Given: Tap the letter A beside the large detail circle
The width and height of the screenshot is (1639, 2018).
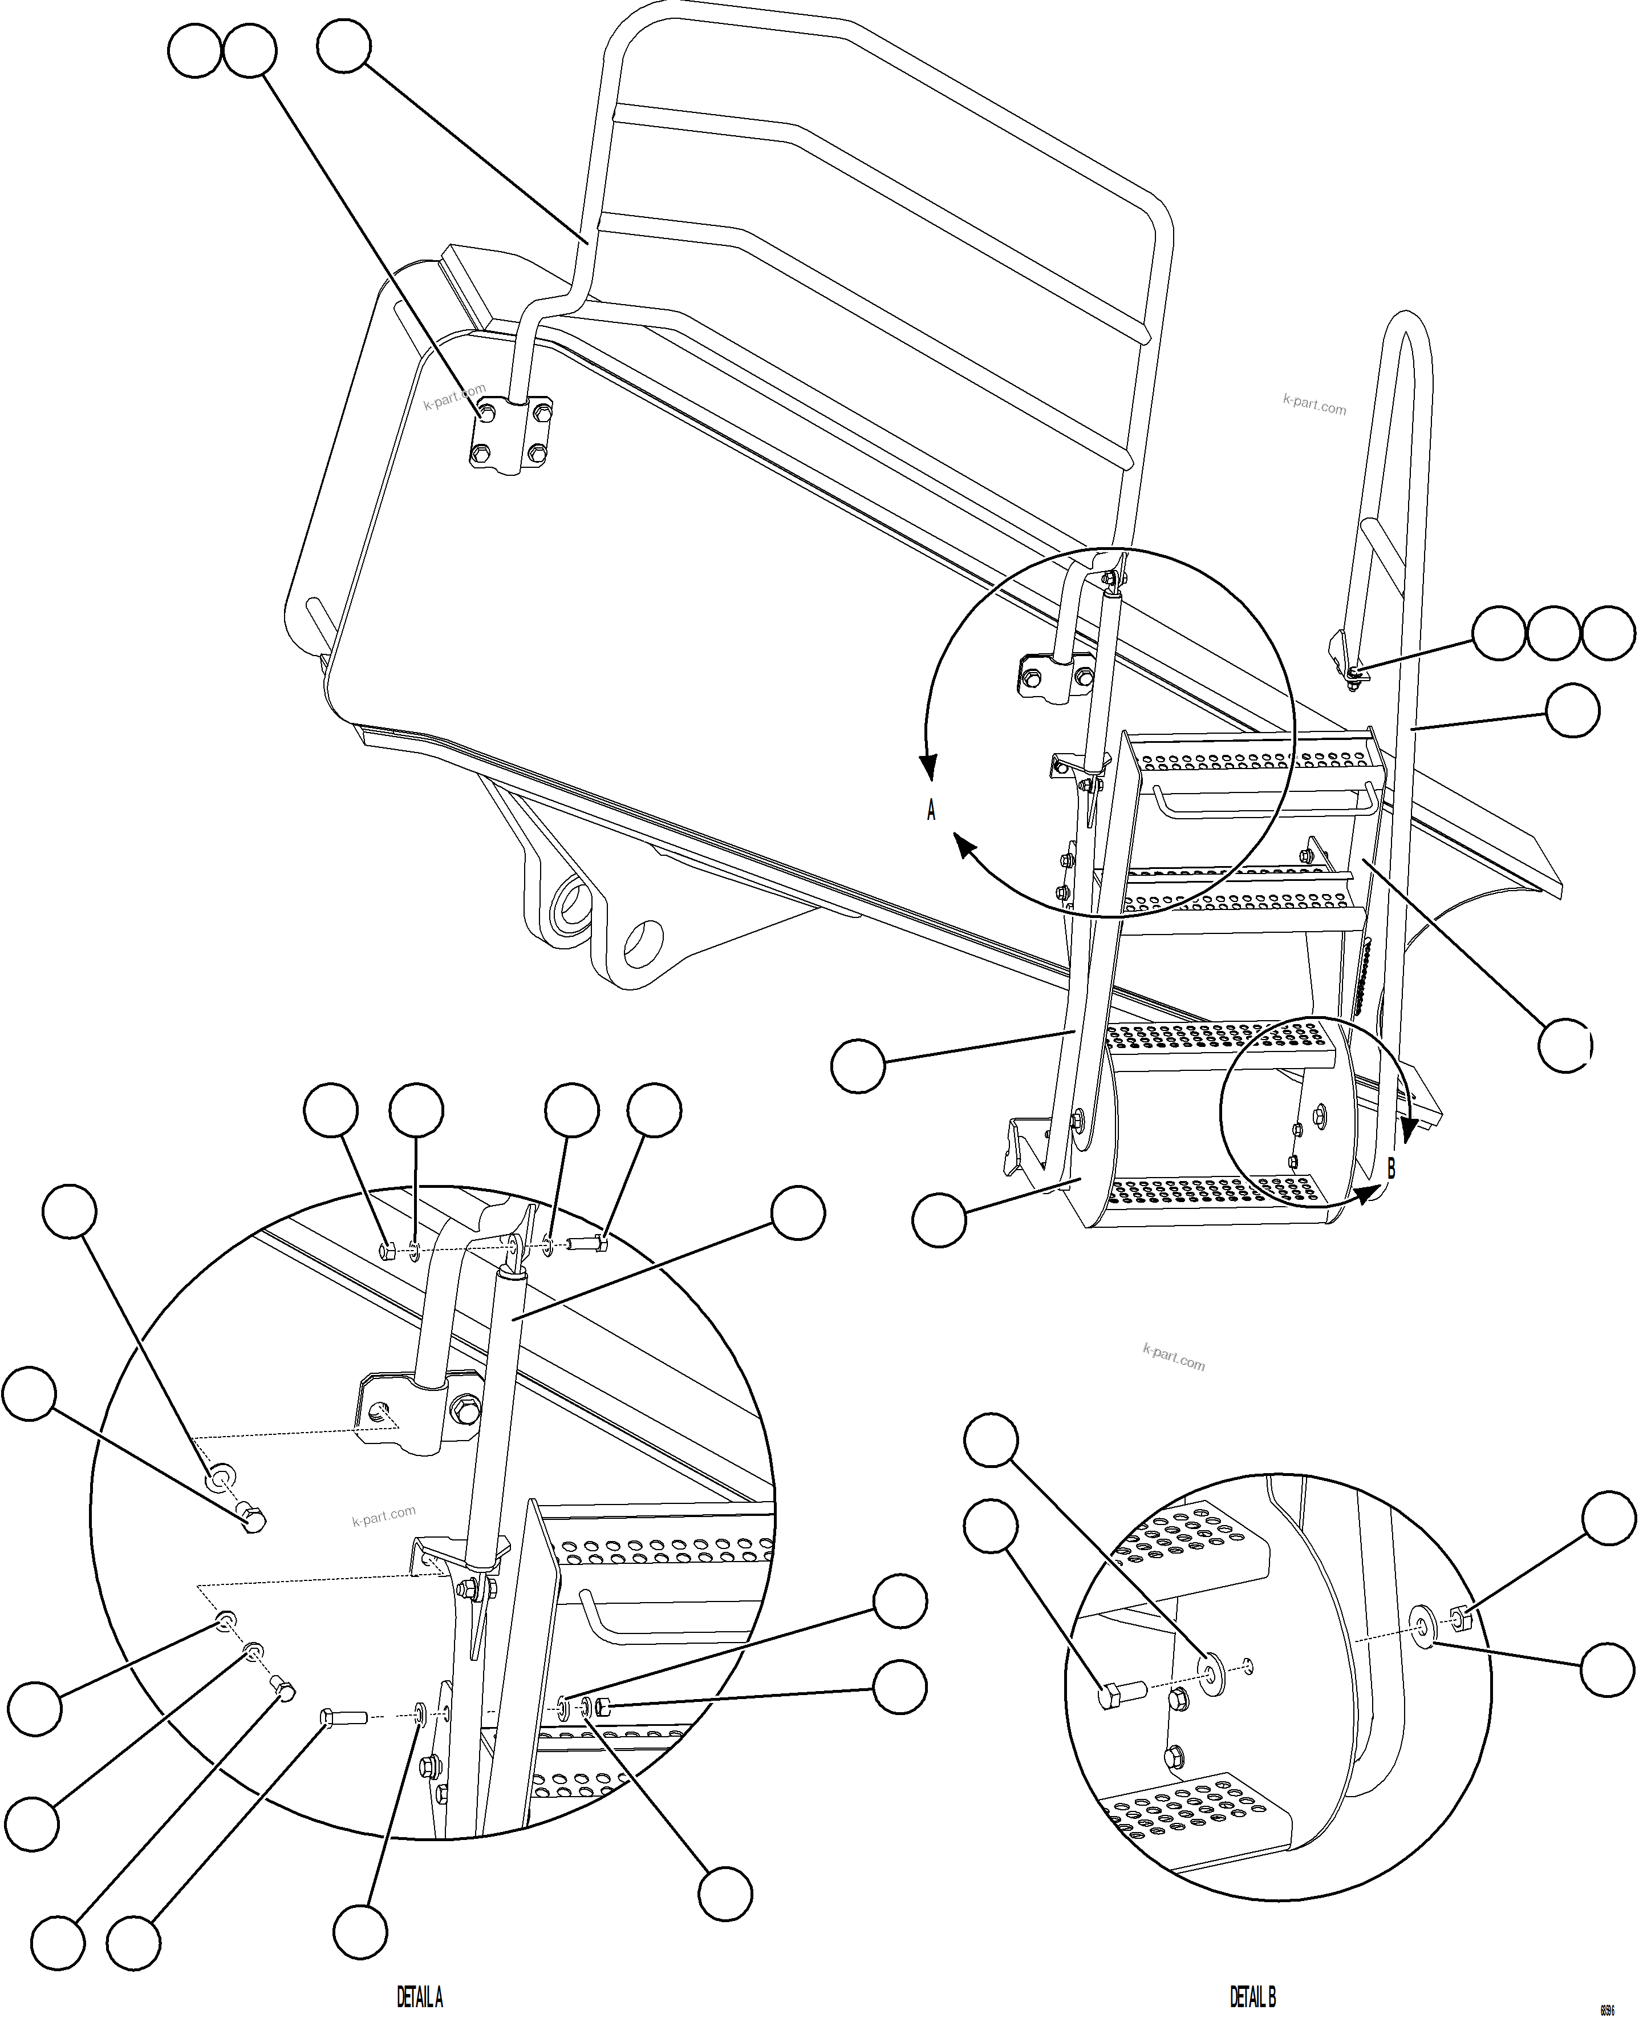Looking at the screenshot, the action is click(x=931, y=810).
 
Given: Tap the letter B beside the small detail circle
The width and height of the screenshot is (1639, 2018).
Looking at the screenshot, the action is click(x=1391, y=1168).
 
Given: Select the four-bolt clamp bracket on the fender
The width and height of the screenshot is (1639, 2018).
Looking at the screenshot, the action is click(x=512, y=434).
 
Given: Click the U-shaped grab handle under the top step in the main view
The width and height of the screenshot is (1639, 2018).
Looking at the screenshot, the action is click(x=1262, y=802).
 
